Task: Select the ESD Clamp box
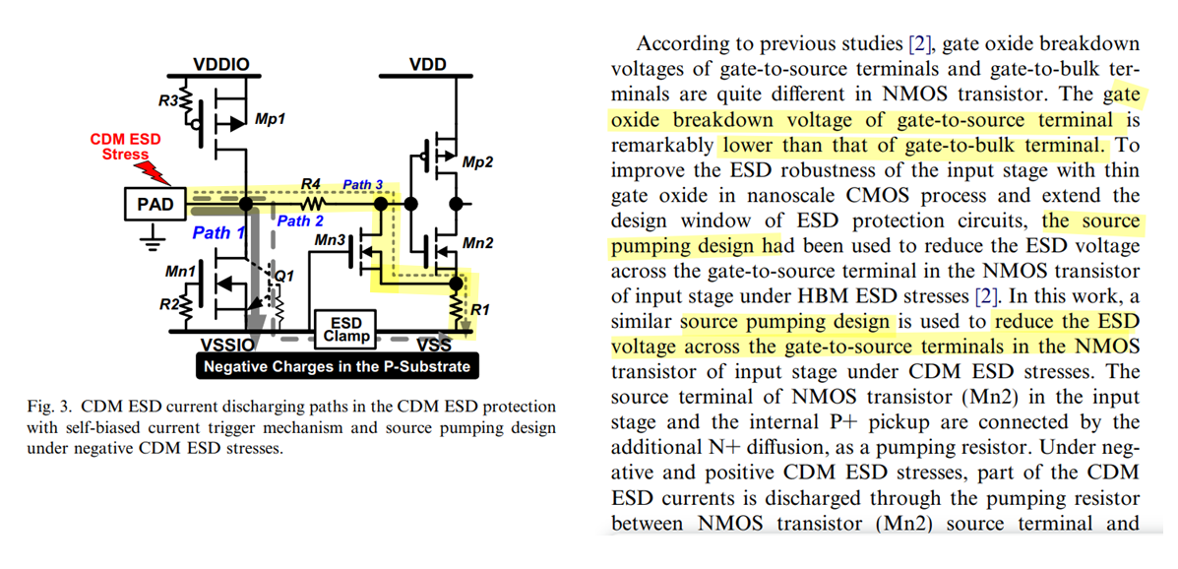(x=346, y=329)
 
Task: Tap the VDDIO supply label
(x=221, y=65)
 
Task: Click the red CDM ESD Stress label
(x=125, y=148)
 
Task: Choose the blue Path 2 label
(x=300, y=221)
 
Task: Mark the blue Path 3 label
(x=362, y=184)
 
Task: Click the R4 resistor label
(x=312, y=184)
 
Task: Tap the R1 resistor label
(x=479, y=310)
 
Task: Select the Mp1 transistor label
(x=270, y=119)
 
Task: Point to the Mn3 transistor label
(x=330, y=239)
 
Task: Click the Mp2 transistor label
(x=477, y=162)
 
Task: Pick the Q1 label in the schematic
(x=283, y=277)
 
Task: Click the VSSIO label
(x=225, y=346)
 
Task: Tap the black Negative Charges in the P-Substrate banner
(x=336, y=366)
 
